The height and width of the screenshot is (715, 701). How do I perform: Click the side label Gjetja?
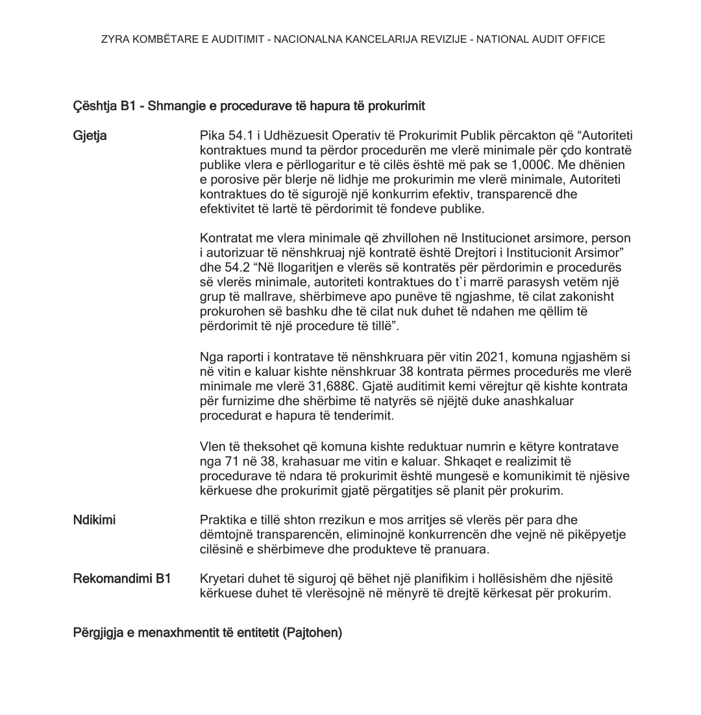point(90,136)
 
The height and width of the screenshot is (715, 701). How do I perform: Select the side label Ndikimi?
point(95,520)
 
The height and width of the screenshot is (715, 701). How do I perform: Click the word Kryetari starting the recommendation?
point(223,578)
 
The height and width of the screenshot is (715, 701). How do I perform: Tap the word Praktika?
point(223,520)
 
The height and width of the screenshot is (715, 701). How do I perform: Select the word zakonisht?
point(588,296)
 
